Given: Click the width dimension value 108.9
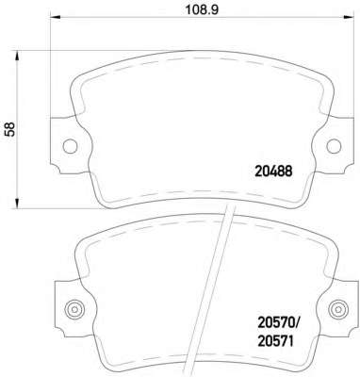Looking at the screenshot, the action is (x=202, y=9).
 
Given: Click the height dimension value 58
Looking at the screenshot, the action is (x=9, y=129).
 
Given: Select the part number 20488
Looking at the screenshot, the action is (x=273, y=172).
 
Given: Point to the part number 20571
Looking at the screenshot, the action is (x=275, y=341).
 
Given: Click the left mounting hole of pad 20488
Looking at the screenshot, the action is (x=70, y=146).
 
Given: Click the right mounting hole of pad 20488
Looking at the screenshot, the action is (x=334, y=146).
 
